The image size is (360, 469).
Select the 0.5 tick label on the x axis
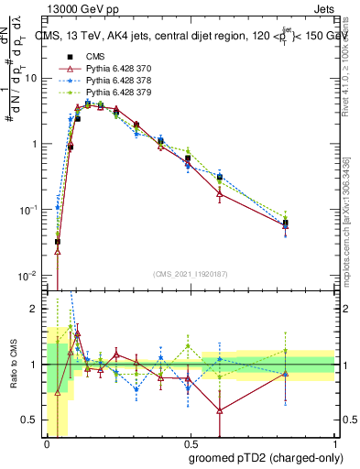[188, 443]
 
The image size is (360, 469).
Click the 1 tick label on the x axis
[332, 443]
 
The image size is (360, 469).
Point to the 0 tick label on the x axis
[46, 443]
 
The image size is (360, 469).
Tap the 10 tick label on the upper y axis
[30, 79]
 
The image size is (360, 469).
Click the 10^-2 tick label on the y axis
[28, 276]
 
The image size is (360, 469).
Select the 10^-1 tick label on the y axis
[28, 210]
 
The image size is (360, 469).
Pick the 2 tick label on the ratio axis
[34, 310]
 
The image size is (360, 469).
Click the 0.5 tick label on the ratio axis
[30, 420]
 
